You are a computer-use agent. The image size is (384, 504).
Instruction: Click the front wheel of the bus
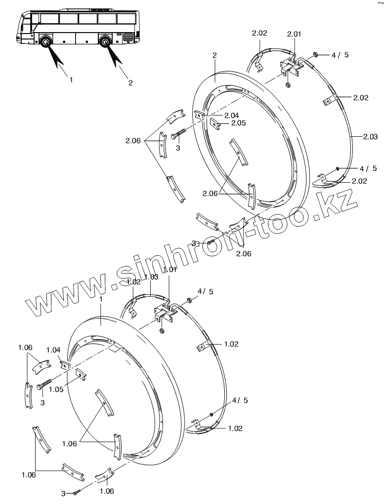pyautogui.click(x=45, y=41)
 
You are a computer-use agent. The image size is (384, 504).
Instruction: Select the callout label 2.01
pyautogui.click(x=294, y=34)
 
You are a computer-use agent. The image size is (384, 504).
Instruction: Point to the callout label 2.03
pyautogui.click(x=371, y=137)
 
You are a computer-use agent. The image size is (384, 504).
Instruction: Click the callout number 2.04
pyautogui.click(x=231, y=116)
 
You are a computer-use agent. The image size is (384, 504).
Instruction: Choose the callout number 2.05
pyautogui.click(x=238, y=123)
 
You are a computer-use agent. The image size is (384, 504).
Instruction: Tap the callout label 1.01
pyautogui.click(x=170, y=270)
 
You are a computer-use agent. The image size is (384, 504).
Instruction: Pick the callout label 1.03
pyautogui.click(x=151, y=277)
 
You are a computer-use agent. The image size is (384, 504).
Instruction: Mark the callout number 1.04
pyautogui.click(x=53, y=350)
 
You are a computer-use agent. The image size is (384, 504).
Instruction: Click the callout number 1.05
pyautogui.click(x=56, y=389)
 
